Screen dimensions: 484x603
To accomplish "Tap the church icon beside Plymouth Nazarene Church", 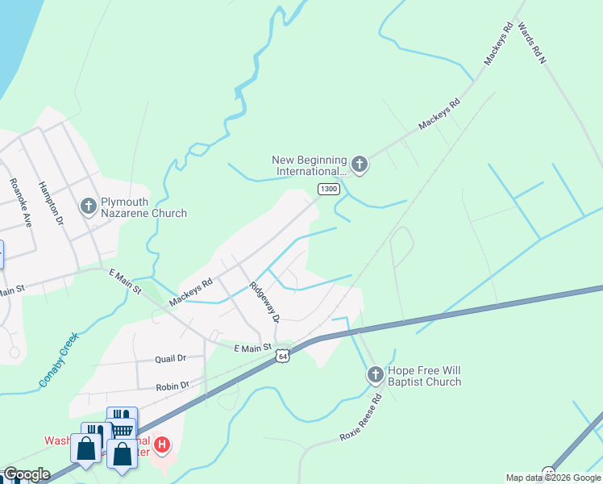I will pos(89,207).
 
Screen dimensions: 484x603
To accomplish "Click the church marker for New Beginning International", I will pos(360,165).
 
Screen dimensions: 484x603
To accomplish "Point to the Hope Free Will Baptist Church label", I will pos(424,376).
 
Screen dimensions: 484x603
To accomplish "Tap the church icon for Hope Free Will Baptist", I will pos(375,375).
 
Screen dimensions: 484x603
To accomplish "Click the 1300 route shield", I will pos(328,189).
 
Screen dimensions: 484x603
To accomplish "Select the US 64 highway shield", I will pos(281,355).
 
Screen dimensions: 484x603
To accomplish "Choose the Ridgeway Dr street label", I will pos(264,302).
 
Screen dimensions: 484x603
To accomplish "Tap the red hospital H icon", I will pos(162,444).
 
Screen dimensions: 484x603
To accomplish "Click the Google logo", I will pos(27,475).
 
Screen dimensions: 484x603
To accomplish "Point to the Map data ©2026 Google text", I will pos(552,478).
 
